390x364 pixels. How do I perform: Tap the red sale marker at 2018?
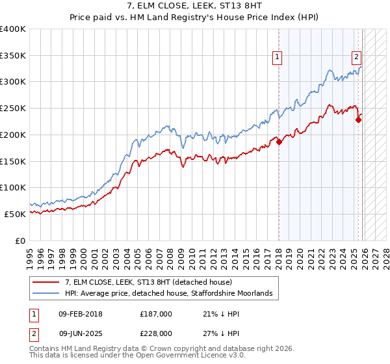(279, 142)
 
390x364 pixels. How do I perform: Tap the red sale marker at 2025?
(358, 120)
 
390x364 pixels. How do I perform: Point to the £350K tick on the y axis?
(13, 56)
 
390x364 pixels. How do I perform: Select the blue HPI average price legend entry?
(172, 294)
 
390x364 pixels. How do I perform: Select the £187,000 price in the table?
(156, 314)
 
